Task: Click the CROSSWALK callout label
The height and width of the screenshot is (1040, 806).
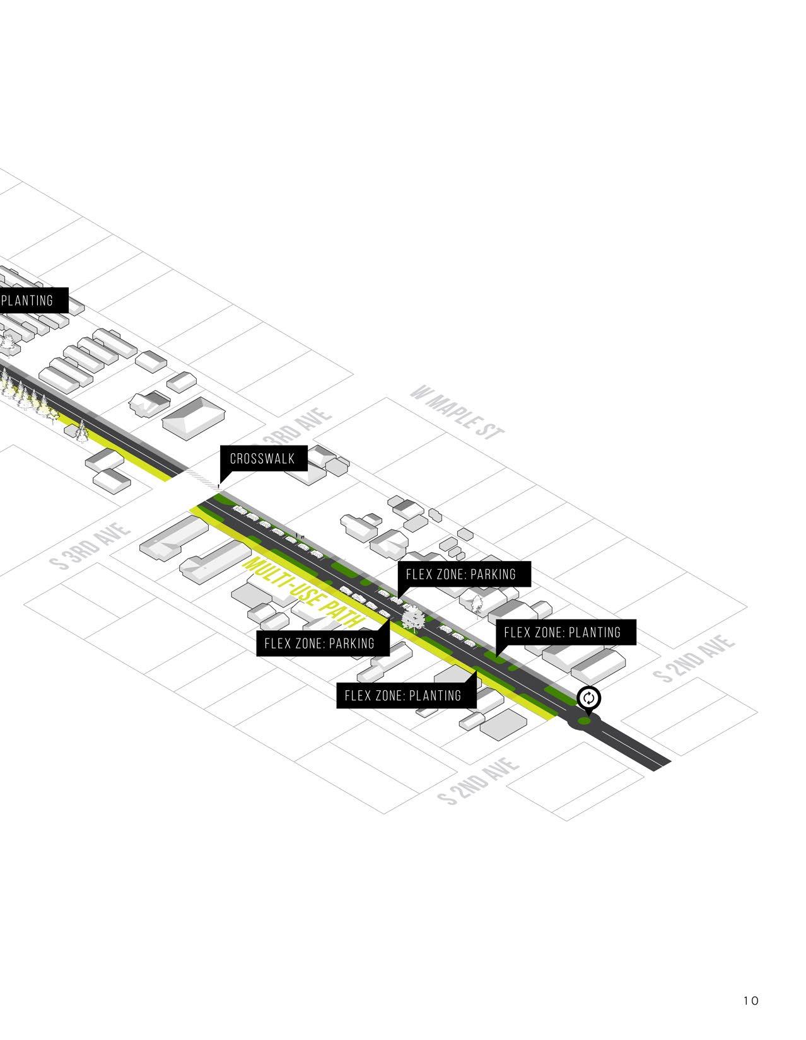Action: tap(262, 458)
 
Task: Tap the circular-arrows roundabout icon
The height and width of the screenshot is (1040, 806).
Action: tap(588, 698)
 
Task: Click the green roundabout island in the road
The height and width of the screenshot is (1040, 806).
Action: tap(585, 720)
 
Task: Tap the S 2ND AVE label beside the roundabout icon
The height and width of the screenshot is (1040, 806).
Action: tap(694, 659)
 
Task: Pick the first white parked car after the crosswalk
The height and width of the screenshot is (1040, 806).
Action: tap(240, 509)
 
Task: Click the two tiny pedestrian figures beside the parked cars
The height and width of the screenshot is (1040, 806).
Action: tap(300, 536)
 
